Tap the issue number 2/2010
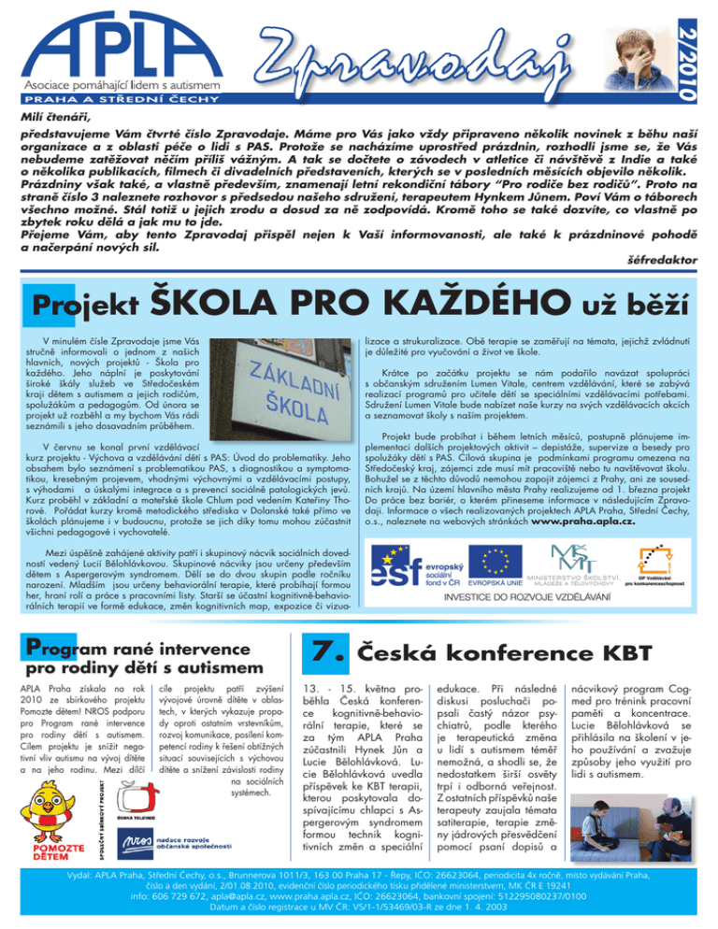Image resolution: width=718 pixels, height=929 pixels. pos(703,47)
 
